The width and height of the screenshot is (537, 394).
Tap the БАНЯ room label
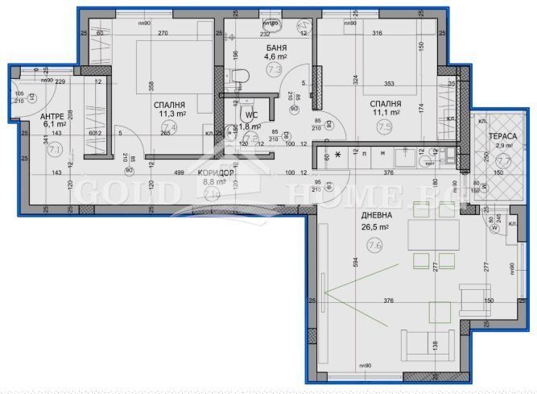(277, 48)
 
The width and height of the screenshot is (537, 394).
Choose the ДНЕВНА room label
(376, 217)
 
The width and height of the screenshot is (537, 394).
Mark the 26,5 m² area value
(374, 227)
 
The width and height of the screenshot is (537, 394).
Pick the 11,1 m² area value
(386, 114)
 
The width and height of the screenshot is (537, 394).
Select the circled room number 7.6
(374, 247)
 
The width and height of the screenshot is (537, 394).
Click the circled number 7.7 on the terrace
(504, 161)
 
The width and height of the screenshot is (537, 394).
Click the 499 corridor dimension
(180, 173)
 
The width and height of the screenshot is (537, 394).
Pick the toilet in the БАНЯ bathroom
(237, 77)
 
